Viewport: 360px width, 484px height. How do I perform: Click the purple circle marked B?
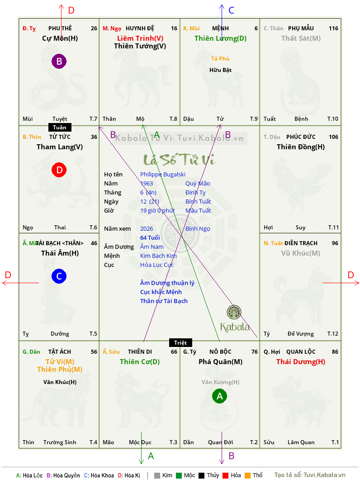point(59,61)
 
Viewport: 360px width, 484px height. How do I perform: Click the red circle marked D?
point(59,170)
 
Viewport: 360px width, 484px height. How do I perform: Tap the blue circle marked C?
point(59,276)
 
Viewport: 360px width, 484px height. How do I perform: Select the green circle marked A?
point(219,396)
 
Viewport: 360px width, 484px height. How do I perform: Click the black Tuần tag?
point(60,128)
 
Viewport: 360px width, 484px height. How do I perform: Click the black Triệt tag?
point(180,342)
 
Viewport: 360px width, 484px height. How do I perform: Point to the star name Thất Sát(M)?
point(301,38)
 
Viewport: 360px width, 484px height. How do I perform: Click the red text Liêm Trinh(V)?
point(140,38)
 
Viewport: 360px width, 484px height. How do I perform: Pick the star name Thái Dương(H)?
point(301,362)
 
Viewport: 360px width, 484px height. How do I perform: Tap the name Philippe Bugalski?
point(163,175)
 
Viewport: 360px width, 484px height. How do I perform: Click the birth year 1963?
point(147,183)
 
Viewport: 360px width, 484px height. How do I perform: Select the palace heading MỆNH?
point(220,28)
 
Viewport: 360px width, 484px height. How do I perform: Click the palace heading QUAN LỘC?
point(301,352)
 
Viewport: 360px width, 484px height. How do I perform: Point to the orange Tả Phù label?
point(220,59)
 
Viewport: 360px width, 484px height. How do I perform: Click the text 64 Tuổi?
point(150,237)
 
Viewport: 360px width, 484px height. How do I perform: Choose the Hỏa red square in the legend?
point(225,475)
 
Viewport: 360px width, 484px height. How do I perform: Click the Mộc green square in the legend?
point(179,475)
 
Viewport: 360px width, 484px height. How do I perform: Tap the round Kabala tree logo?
point(234,312)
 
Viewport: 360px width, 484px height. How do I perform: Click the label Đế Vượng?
point(300,334)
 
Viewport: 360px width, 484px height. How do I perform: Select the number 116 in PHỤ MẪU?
point(333,28)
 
